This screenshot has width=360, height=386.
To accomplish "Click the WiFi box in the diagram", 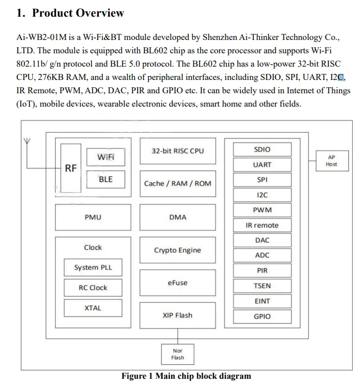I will coord(106,157).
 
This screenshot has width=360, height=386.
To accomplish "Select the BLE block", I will coord(106,179).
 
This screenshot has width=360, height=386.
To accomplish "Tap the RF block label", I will coord(71,168).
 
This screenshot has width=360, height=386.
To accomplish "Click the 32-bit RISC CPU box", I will coord(177,151).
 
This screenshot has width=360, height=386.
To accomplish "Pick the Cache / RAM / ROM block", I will coord(177,183).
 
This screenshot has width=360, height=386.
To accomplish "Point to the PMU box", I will coord(93,217).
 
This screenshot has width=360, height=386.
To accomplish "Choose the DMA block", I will coord(177,217).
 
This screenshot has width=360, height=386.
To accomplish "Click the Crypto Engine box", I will coord(177,250).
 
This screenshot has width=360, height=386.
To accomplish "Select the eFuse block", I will coord(177,283).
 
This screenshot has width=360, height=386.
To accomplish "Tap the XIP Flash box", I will coord(177,315).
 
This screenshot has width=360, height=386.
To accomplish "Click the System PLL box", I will coord(93,268).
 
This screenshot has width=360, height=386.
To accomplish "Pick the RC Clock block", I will coord(93,288).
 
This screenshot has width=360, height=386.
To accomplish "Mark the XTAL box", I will coord(93,308).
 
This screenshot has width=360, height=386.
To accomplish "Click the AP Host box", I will coord(331,161).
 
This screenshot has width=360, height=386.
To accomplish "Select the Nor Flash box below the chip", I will coord(177,354).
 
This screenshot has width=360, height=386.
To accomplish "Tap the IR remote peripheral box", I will coord(262,225).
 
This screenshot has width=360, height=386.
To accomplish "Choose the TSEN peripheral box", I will coord(262,286).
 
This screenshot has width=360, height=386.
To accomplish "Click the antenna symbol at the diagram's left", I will coord(26,143).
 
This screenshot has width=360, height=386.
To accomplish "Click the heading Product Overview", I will coord(71,13).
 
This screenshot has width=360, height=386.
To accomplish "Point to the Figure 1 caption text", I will coord(186,376).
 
